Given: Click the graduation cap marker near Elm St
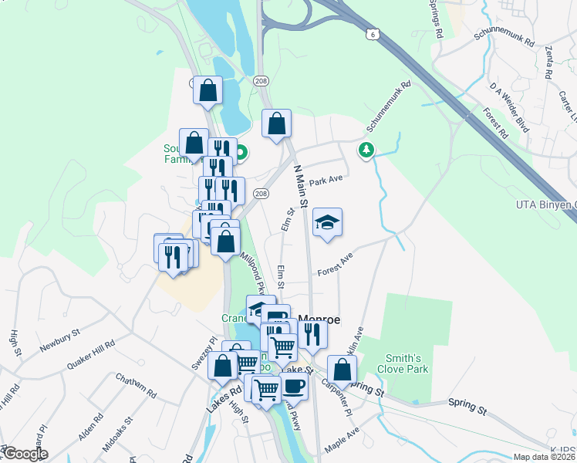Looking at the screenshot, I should (x=327, y=223).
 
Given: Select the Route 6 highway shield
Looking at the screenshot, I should (x=373, y=34).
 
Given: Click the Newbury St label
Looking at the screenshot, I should (x=61, y=339).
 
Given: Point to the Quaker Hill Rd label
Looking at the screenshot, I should (x=90, y=352).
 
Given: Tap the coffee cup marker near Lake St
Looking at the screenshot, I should (x=293, y=386).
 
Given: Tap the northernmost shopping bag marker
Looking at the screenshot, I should (x=208, y=90).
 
